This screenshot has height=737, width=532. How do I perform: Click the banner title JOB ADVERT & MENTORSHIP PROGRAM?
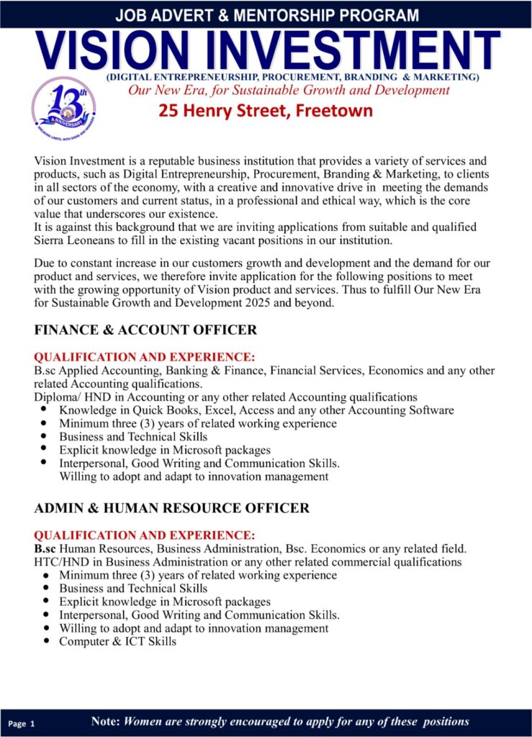266,14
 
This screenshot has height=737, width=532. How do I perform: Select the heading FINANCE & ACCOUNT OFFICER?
145,330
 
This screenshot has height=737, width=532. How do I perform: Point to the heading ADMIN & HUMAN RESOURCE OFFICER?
172,508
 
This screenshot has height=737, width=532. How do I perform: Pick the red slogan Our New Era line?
289,91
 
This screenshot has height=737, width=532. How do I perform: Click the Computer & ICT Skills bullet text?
117,641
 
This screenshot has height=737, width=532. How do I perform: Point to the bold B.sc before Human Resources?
45,549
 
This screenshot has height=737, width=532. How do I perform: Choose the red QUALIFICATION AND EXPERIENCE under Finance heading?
144,357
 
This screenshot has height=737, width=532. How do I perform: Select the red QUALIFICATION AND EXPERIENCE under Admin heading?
144,535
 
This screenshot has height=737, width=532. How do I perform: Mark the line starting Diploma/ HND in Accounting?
225,397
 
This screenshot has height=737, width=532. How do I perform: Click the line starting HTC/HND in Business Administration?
248,562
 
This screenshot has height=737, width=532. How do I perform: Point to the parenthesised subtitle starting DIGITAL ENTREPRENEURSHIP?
292,77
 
